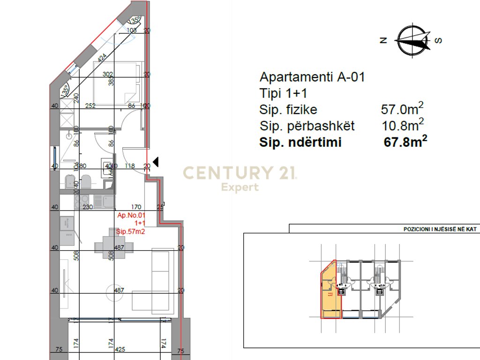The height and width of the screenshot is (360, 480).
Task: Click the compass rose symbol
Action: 412,40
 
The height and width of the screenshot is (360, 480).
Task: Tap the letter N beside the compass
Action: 383,41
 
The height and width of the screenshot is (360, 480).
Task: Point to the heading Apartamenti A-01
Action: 312,77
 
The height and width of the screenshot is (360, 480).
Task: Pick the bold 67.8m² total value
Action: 405,142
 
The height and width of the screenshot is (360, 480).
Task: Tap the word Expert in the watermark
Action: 240,187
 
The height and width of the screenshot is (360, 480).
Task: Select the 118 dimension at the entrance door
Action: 130,165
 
